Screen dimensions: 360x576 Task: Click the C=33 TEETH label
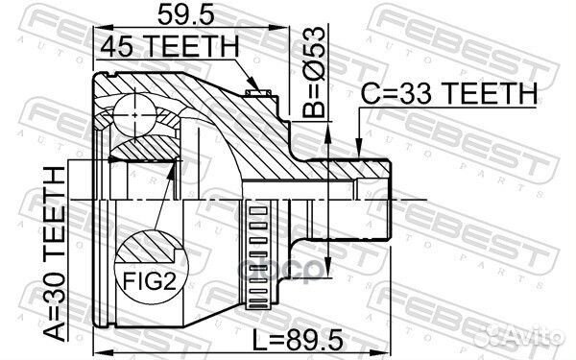click(448, 94)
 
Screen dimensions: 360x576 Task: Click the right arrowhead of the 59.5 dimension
click(286, 30)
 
